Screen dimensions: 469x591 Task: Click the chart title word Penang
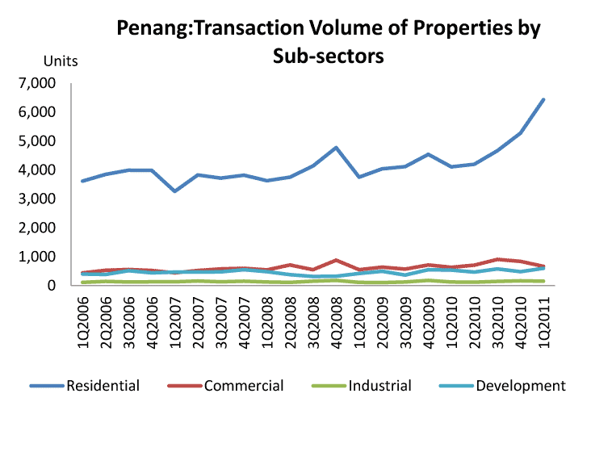click(x=151, y=28)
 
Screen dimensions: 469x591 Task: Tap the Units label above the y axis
click(x=60, y=61)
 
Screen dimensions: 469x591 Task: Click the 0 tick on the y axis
click(x=51, y=286)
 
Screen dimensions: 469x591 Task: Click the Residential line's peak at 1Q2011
click(x=543, y=99)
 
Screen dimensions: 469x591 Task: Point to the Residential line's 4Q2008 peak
click(x=336, y=148)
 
